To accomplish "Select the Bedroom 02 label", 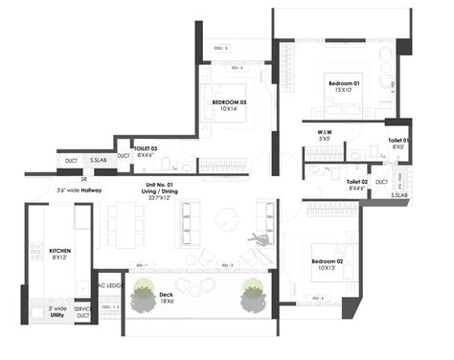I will pyautogui.click(x=328, y=261).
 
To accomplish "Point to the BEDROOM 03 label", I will pyautogui.click(x=230, y=101).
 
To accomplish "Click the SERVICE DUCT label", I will pyautogui.click(x=83, y=311).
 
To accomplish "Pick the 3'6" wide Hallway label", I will pyautogui.click(x=79, y=191).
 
